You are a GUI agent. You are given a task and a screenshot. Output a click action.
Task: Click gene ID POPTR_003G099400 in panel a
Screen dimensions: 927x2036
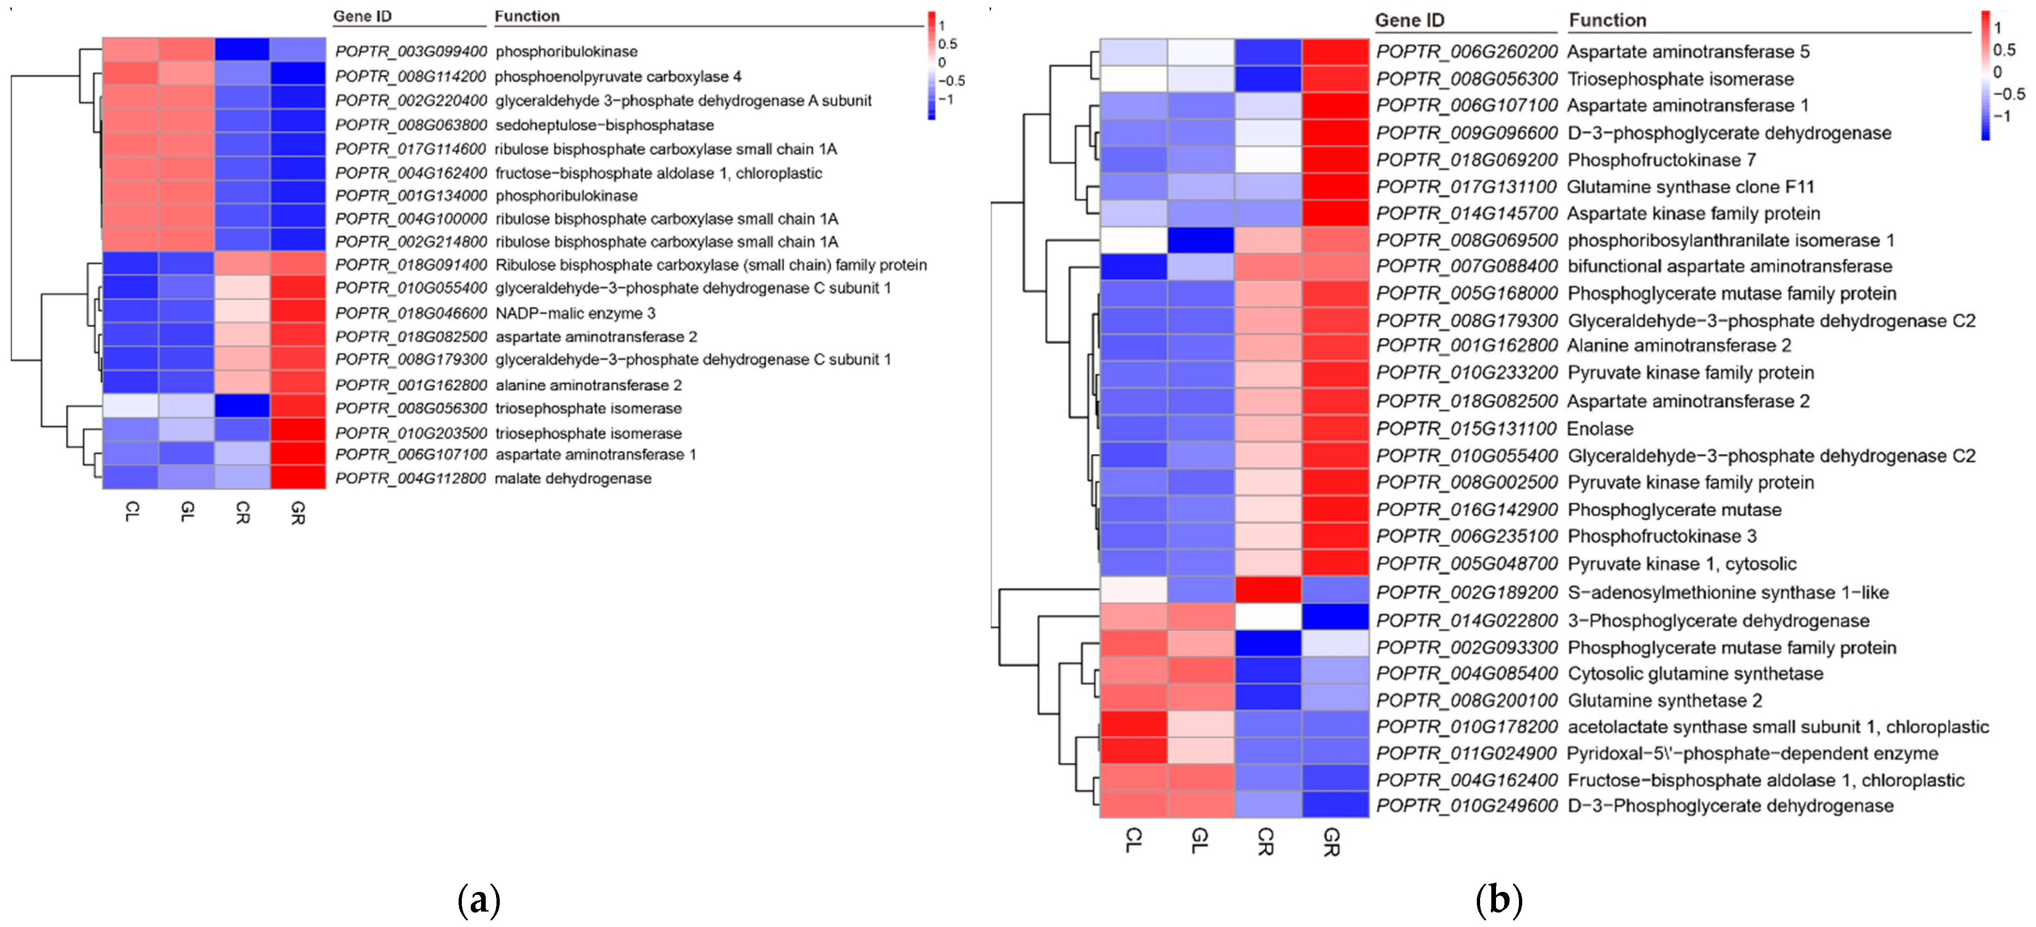pyautogui.click(x=410, y=51)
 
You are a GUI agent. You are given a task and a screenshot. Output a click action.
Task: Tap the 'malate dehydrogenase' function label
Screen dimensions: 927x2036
pyautogui.click(x=573, y=478)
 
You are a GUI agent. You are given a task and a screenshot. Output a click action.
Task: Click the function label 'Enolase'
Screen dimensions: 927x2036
pyautogui.click(x=1600, y=428)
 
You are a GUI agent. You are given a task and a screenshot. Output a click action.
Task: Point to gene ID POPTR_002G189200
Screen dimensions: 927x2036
pyautogui.click(x=1466, y=592)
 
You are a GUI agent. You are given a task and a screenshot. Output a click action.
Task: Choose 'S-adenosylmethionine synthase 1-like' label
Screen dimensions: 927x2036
pyautogui.click(x=1728, y=592)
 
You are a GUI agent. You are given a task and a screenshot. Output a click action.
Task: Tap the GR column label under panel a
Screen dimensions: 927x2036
pyautogui.click(x=297, y=514)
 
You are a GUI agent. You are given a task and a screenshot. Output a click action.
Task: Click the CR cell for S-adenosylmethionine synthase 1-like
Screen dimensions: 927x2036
pyautogui.click(x=1267, y=590)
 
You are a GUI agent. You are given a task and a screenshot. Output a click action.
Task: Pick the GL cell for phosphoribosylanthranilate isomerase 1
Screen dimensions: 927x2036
pyautogui.click(x=1200, y=239)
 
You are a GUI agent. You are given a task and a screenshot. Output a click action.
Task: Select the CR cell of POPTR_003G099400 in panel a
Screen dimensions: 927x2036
pyautogui.click(x=242, y=50)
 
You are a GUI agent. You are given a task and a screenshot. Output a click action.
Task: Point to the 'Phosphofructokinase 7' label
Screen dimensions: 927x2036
pyautogui.click(x=1661, y=159)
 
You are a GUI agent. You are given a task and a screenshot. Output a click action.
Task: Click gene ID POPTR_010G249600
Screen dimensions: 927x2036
pyautogui.click(x=1466, y=805)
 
